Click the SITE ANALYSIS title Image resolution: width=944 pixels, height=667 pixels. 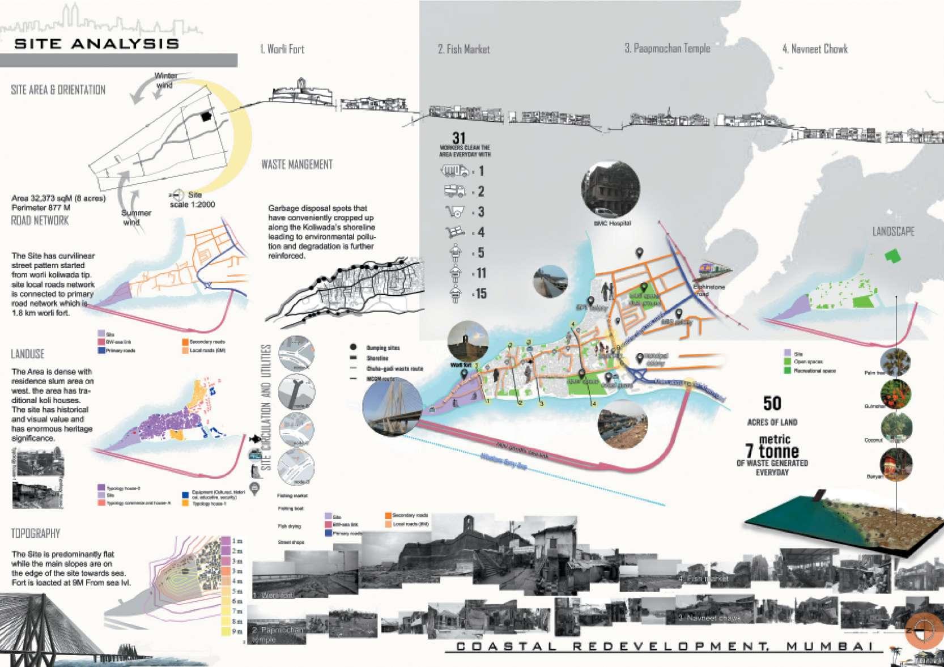[97, 44]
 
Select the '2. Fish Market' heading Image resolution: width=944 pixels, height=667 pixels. [464, 49]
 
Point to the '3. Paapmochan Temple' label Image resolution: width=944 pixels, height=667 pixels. [667, 49]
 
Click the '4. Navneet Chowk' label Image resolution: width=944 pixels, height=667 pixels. [815, 49]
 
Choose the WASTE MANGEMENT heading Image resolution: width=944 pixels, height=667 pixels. [297, 165]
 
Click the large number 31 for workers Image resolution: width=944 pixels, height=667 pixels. [459, 138]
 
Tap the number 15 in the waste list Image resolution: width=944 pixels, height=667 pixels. [481, 294]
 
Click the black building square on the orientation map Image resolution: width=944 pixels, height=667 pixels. [205, 116]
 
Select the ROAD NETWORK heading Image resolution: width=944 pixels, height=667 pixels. [40, 220]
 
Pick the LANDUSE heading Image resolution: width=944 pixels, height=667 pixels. [28, 354]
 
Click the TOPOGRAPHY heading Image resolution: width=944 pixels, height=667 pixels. [36, 533]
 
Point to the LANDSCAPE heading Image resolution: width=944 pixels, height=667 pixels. [893, 231]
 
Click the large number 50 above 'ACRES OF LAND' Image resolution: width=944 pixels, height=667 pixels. [772, 403]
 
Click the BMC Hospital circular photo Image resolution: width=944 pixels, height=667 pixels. [611, 189]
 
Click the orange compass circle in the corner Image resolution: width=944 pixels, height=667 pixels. [924, 630]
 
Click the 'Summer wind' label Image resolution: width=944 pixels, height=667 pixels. [136, 217]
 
